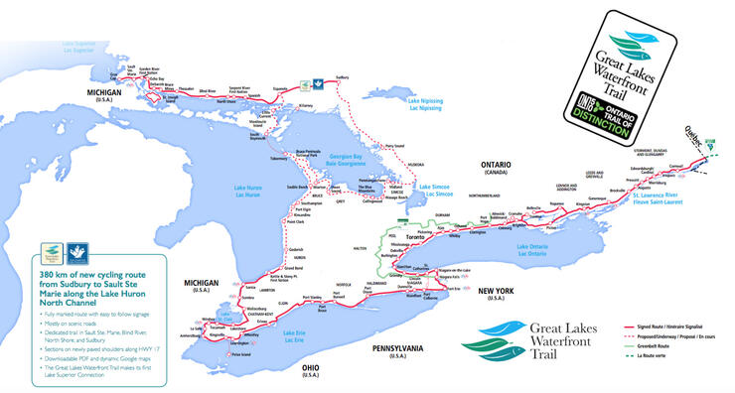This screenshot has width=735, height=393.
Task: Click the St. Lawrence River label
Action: [x=655, y=199]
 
